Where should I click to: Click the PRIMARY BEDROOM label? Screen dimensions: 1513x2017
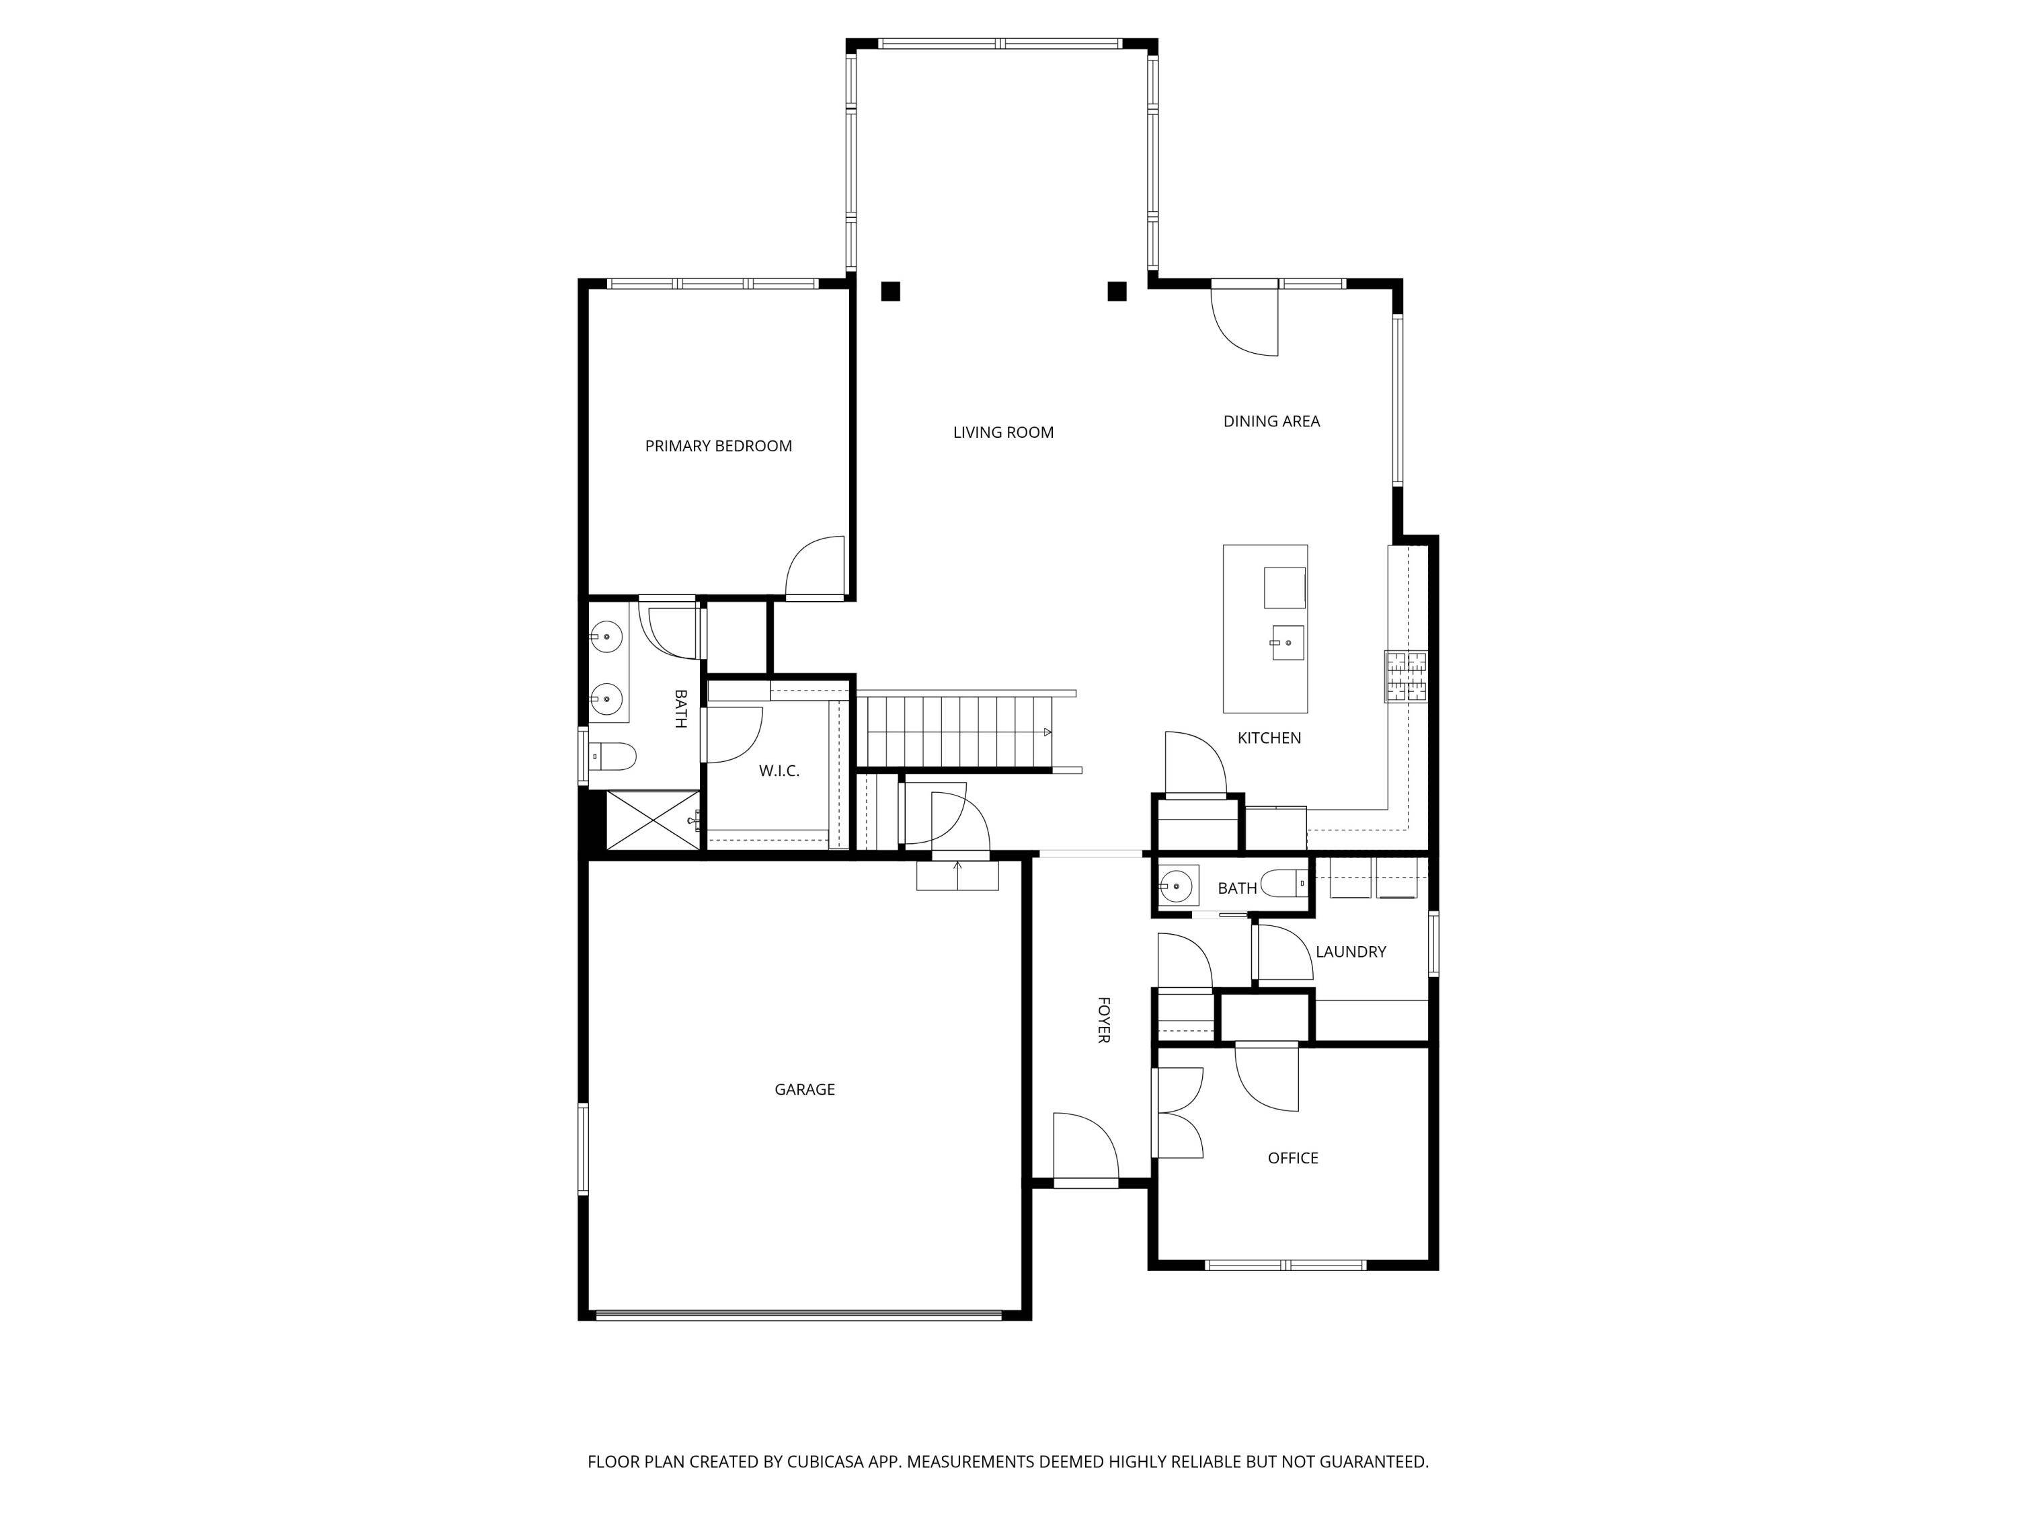pyautogui.click(x=719, y=446)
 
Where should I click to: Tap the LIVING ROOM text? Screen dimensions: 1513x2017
pyautogui.click(x=1003, y=432)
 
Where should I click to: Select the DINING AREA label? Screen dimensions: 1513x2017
pyautogui.click(x=1271, y=422)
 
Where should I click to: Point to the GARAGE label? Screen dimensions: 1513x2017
pyautogui.click(x=804, y=1089)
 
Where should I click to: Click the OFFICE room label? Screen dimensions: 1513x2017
pyautogui.click(x=1292, y=1158)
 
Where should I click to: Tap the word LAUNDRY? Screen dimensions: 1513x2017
pyautogui.click(x=1351, y=952)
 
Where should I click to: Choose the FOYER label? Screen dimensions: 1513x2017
pyautogui.click(x=1103, y=1019)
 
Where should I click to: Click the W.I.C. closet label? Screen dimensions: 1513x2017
pyautogui.click(x=779, y=771)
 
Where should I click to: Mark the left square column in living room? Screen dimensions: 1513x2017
pyautogui.click(x=891, y=292)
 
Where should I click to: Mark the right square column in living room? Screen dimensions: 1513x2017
pyautogui.click(x=1117, y=292)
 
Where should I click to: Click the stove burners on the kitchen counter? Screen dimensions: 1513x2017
pyautogui.click(x=1406, y=676)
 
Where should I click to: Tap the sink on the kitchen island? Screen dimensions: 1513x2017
pyautogui.click(x=1288, y=642)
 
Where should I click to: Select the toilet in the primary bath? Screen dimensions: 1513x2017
pyautogui.click(x=612, y=756)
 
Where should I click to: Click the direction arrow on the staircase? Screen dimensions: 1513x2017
pyautogui.click(x=1047, y=732)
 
